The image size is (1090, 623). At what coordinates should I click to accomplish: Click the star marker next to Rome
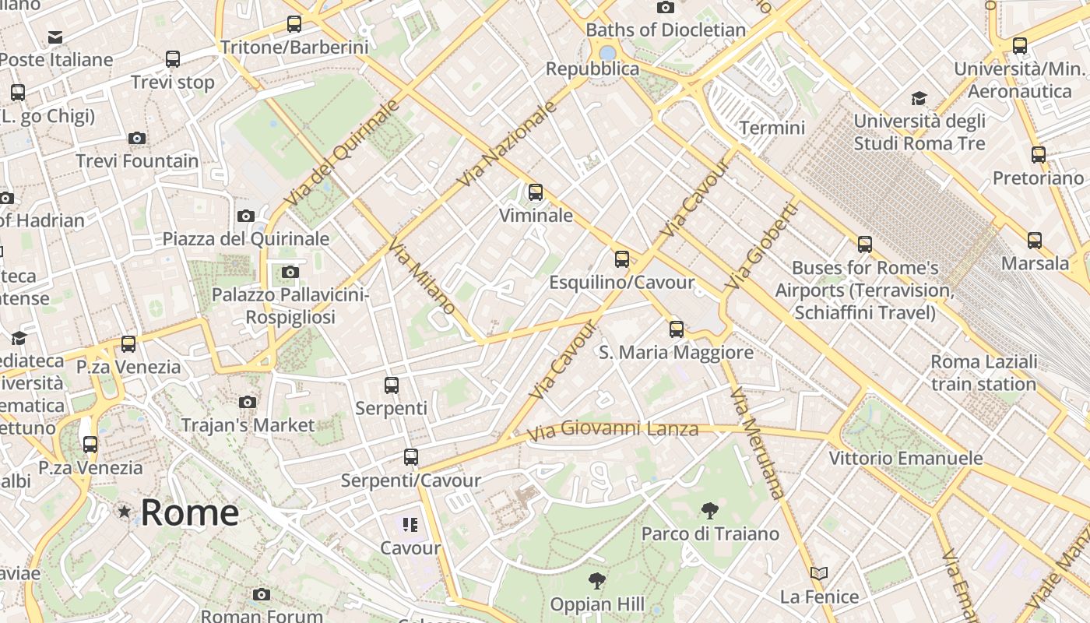[x=124, y=512]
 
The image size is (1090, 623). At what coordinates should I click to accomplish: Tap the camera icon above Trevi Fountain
[x=137, y=139]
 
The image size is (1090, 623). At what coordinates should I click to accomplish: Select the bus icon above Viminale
[x=536, y=192]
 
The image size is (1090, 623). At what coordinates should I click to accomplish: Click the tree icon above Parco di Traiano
[x=709, y=511]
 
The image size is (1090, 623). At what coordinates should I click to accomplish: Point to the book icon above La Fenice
[x=818, y=574]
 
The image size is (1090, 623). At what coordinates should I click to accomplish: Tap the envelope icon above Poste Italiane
[x=55, y=37]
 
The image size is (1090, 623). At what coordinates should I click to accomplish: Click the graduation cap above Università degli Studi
[x=919, y=98]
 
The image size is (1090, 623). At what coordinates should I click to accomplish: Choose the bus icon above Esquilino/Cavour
[x=621, y=259]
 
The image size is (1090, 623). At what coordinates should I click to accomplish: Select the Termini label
[x=772, y=128]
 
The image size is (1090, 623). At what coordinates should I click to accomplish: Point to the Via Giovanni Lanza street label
[x=613, y=429]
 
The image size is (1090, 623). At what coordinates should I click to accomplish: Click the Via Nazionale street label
[x=507, y=145]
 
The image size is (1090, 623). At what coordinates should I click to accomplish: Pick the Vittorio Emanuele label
[x=905, y=458]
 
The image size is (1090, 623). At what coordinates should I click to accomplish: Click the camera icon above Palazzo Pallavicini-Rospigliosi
[x=290, y=272]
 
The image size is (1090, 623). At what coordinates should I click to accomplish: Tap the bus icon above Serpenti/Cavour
[x=411, y=457]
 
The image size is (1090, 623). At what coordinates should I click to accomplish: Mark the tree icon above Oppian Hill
[x=597, y=580]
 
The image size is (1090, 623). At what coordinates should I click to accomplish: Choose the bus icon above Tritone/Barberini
[x=294, y=24]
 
